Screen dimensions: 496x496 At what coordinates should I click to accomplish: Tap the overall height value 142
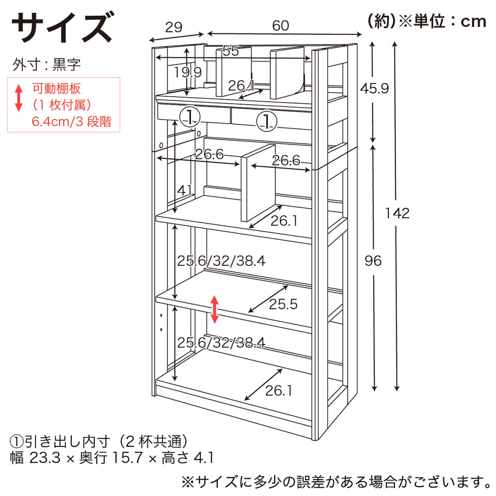397,213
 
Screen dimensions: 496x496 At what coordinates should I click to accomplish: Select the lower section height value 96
373,260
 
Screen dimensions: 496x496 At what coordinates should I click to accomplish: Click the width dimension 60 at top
281,25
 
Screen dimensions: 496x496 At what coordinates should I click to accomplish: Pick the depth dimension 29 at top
174,27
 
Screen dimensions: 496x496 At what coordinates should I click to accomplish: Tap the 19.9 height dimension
187,72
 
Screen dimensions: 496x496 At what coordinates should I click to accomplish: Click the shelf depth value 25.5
283,304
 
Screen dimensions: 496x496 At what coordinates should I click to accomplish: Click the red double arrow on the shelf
214,309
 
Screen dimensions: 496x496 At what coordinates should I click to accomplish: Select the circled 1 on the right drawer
266,122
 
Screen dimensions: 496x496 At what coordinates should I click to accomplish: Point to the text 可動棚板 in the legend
56,89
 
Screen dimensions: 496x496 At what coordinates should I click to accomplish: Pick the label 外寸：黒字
47,64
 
